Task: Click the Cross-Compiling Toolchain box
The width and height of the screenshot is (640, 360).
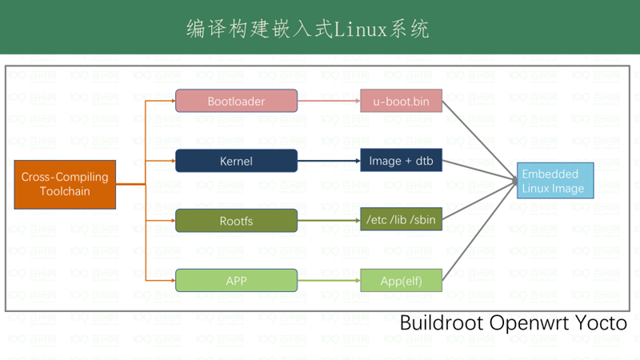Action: click(65, 185)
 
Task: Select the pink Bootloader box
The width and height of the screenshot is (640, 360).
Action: click(236, 101)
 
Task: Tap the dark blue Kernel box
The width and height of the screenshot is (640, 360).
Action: click(236, 161)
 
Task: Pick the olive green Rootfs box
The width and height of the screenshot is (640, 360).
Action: click(236, 220)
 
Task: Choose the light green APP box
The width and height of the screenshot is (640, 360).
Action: click(236, 280)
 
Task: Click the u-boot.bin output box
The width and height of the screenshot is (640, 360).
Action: click(401, 101)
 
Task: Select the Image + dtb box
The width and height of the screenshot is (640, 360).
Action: click(401, 161)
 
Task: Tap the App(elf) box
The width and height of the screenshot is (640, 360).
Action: click(401, 280)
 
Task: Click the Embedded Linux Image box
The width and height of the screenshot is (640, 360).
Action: click(553, 182)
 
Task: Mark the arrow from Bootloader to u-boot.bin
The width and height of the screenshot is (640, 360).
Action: click(328, 101)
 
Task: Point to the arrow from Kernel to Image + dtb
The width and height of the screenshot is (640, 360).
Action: click(328, 161)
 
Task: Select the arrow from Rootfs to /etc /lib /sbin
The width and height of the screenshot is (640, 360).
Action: click(328, 220)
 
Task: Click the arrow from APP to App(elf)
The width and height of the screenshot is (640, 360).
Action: click(328, 280)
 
